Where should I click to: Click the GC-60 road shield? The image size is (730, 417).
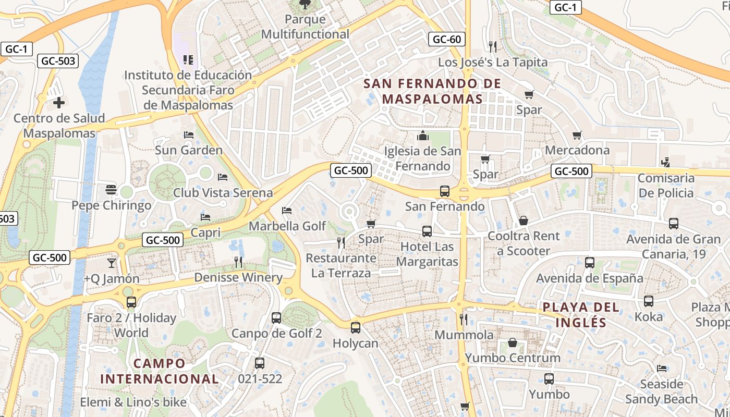click(x=447, y=39)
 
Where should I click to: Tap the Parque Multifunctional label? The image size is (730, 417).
click(x=305, y=27)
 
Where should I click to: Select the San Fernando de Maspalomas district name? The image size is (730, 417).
click(x=432, y=91)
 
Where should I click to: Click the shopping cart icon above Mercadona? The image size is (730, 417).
click(x=577, y=136)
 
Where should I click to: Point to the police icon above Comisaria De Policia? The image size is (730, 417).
click(x=665, y=163)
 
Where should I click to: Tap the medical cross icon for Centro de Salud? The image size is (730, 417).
click(x=59, y=103)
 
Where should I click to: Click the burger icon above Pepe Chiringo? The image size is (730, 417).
click(x=111, y=189)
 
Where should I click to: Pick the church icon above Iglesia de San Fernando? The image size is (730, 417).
click(x=423, y=136)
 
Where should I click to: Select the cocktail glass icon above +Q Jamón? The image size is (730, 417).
click(x=111, y=263)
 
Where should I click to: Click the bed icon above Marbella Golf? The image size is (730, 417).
click(x=287, y=211)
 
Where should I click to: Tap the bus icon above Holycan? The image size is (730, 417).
click(x=356, y=327)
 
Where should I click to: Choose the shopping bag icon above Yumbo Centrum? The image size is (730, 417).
click(x=513, y=342)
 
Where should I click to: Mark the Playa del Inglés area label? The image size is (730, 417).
click(x=581, y=315)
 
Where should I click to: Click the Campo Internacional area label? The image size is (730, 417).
click(x=159, y=371)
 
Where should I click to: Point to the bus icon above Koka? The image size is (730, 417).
click(x=649, y=301)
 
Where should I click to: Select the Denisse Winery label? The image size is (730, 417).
click(x=238, y=277)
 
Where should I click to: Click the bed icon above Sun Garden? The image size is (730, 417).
click(x=189, y=134)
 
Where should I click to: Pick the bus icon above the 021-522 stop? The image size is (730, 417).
click(x=260, y=363)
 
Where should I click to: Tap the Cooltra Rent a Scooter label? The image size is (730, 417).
click(x=524, y=243)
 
